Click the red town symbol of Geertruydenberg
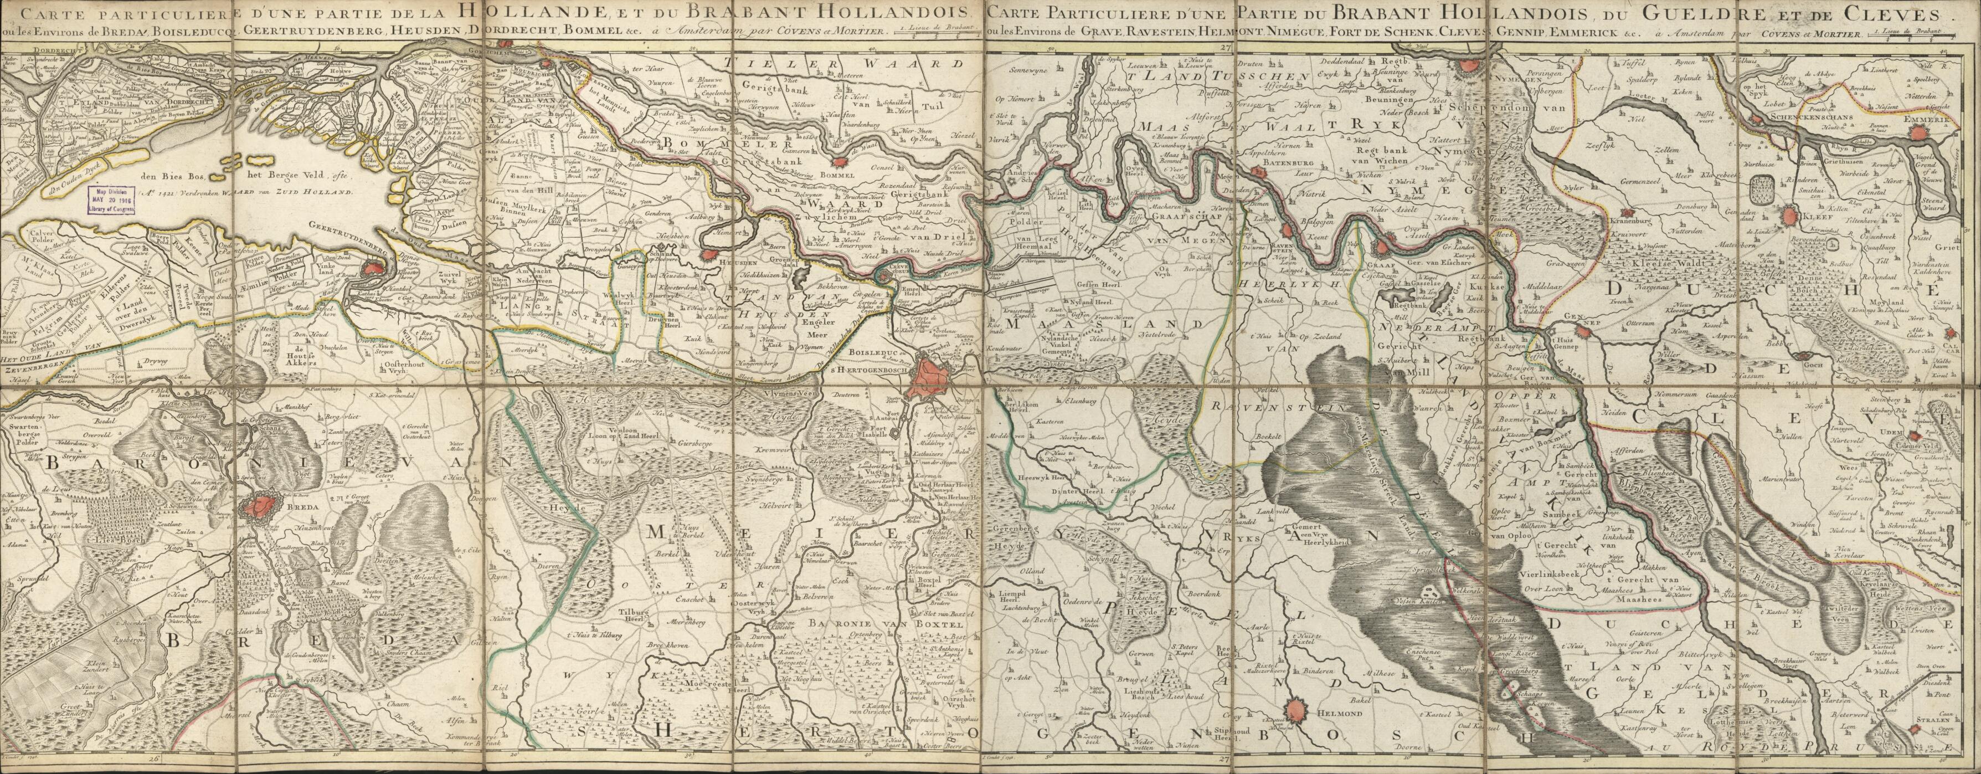coord(374,269)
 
